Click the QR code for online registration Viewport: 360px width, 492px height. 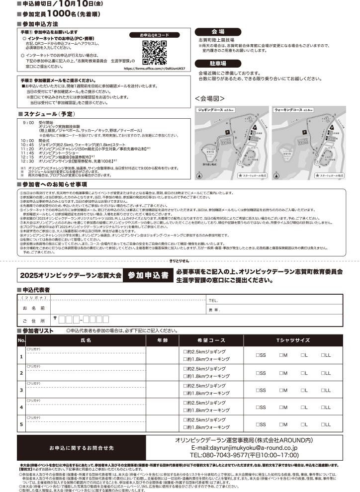tap(155, 52)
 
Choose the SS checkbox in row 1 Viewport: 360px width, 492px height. tap(259, 355)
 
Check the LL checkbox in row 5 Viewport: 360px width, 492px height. tap(323, 425)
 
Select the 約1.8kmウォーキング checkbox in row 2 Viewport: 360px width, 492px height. tap(185, 376)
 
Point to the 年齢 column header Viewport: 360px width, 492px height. tap(162, 341)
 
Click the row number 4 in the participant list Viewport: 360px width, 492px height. tap(21, 408)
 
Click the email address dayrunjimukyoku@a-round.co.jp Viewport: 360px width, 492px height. tap(244, 447)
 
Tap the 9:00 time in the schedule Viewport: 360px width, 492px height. tap(28, 121)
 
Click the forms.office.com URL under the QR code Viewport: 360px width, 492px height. tap(154, 69)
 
